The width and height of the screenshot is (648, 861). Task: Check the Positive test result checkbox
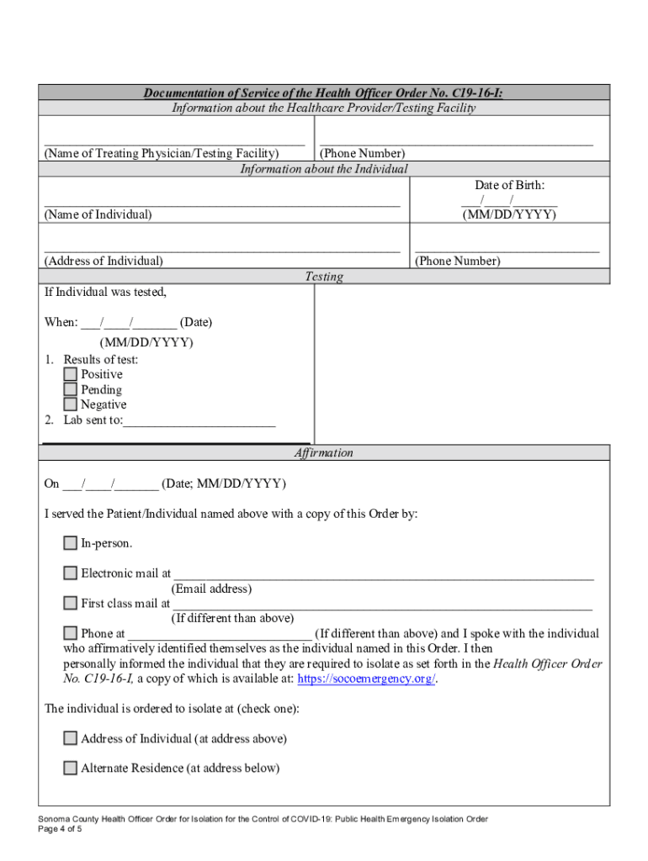(x=71, y=374)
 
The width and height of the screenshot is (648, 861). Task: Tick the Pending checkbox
(x=71, y=389)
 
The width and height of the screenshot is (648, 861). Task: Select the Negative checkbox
(x=71, y=404)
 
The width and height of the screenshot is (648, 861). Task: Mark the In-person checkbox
(x=71, y=543)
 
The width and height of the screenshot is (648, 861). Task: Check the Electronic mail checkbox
(x=71, y=573)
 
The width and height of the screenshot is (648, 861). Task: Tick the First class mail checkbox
(x=71, y=603)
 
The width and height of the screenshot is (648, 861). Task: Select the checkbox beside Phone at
(x=71, y=633)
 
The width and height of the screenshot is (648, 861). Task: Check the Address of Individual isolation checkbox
(x=71, y=738)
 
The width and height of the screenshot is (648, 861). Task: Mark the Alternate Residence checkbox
(x=71, y=768)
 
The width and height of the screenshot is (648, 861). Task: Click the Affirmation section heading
(x=324, y=452)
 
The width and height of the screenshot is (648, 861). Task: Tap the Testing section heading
(x=324, y=277)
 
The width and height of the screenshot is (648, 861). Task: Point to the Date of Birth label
(x=509, y=185)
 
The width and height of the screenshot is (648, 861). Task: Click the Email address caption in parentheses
(x=211, y=589)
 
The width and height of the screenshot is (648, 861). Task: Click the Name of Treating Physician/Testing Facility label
(x=162, y=153)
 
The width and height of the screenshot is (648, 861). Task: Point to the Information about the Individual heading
(x=324, y=169)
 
